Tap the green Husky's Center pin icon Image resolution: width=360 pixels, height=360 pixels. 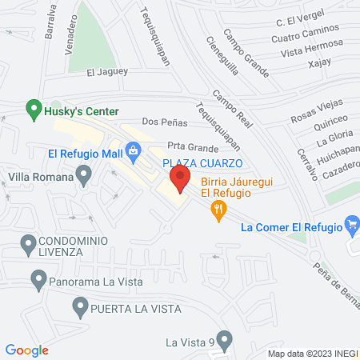[33, 106]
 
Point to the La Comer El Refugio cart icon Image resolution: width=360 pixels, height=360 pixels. [350, 226]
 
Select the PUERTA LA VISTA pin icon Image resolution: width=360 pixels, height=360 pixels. [80, 306]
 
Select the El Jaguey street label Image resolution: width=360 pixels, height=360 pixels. [106, 73]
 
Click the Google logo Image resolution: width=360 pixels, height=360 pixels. [27, 350]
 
